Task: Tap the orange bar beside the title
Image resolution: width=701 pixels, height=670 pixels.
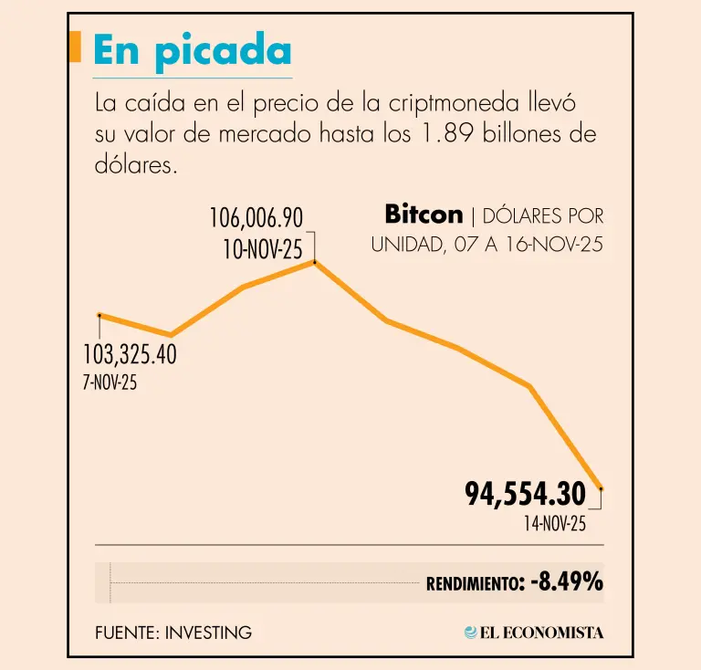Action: pos(77,47)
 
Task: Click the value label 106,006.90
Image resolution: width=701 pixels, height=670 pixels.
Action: pos(256,218)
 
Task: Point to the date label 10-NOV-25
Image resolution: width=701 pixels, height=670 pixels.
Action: pos(263,248)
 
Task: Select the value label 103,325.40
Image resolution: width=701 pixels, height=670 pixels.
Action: pos(130,354)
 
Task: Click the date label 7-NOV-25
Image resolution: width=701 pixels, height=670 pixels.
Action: pos(110,382)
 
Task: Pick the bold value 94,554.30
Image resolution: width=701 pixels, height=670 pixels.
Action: pos(525,495)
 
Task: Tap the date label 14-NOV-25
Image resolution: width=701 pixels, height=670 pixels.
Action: pos(554,524)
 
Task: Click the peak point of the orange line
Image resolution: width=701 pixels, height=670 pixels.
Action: pos(315,262)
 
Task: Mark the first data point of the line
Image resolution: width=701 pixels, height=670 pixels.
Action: pos(99,315)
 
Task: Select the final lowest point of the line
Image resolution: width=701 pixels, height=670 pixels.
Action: pos(601,489)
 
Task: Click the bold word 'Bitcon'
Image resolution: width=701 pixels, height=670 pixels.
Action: pos(424,215)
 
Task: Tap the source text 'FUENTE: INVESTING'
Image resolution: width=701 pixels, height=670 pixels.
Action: pos(173,632)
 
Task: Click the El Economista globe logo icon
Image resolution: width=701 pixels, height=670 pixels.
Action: pos(471,632)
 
